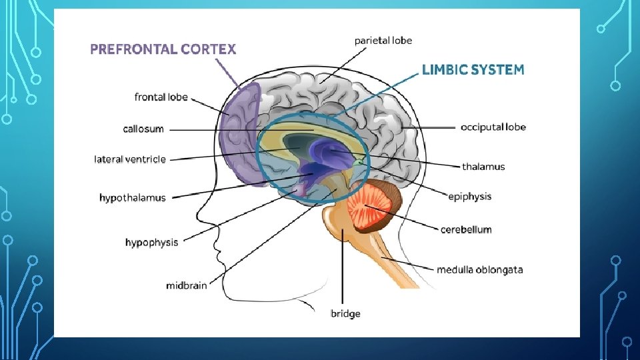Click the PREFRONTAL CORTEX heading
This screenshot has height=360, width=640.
[163, 49]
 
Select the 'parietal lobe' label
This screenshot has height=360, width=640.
[383, 41]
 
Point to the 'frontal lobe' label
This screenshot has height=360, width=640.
[161, 97]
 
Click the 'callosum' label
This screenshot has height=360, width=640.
[143, 129]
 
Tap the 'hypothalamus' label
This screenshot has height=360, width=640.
[132, 198]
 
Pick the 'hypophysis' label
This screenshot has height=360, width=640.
[151, 243]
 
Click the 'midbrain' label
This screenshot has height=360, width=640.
[186, 286]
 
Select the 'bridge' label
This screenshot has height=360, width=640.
[345, 313]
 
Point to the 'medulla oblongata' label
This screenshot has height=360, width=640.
[479, 270]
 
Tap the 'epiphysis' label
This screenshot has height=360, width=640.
[469, 196]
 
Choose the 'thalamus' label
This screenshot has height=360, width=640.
[483, 167]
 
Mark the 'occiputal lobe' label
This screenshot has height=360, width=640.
[493, 127]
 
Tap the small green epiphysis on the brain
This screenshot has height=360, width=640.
[360, 162]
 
